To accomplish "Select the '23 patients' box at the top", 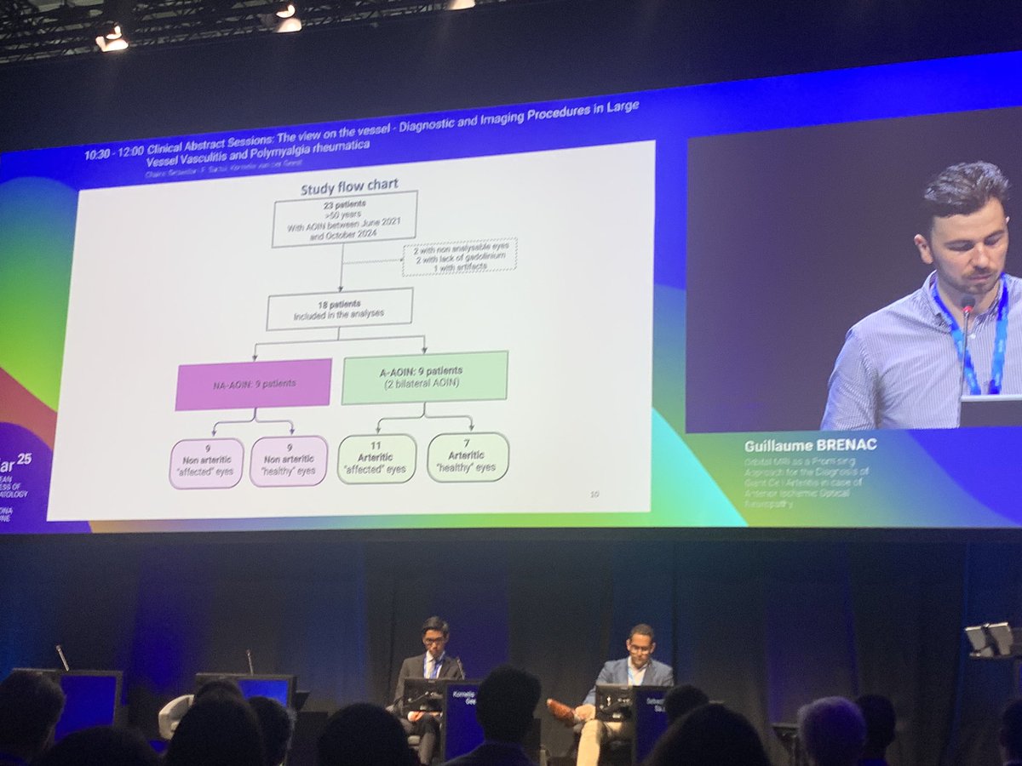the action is tap(344, 219).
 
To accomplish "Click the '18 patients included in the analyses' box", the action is tap(339, 308).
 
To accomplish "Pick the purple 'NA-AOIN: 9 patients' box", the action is tap(253, 384).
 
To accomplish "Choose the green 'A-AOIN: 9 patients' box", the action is tap(424, 377).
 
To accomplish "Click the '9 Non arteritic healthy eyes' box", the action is tap(288, 461).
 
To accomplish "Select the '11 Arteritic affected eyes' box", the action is tap(376, 459).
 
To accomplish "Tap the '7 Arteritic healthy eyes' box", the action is tap(468, 457).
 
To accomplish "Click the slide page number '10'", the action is tap(594, 494).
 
